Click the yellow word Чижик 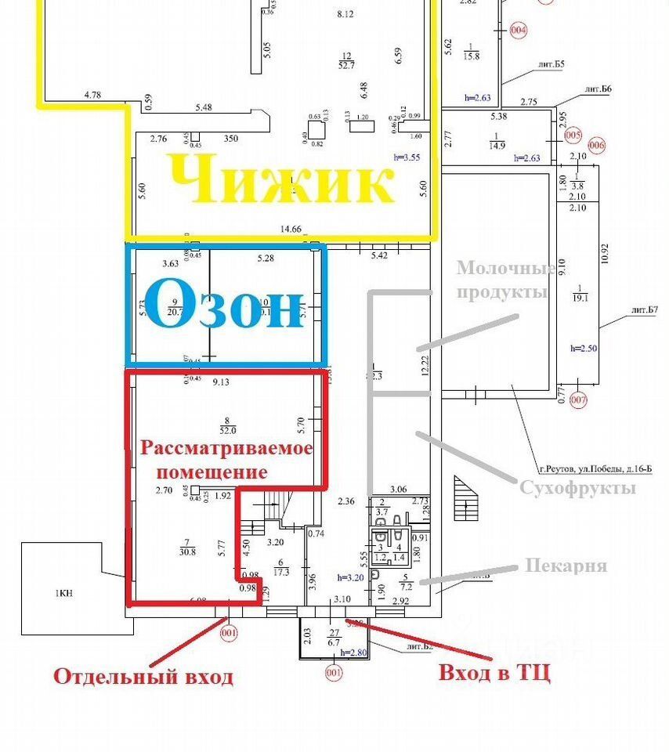coord(280,181)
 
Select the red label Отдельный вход coord(143,676)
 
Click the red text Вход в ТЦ coord(494,672)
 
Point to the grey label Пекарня coord(566,565)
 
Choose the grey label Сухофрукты coord(578,487)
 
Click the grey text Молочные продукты coord(505,280)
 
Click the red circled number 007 coord(578,401)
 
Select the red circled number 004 coord(518,31)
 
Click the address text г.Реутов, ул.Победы coord(593,469)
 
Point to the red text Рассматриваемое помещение coord(226,460)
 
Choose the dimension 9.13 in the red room coord(220,381)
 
